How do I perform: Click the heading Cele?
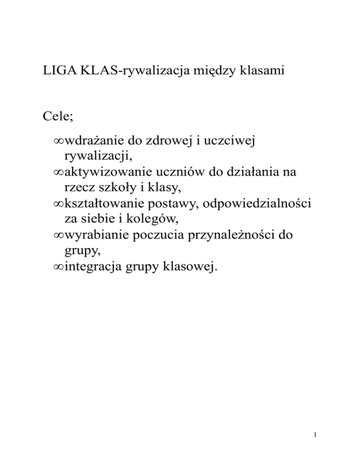[56, 115]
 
